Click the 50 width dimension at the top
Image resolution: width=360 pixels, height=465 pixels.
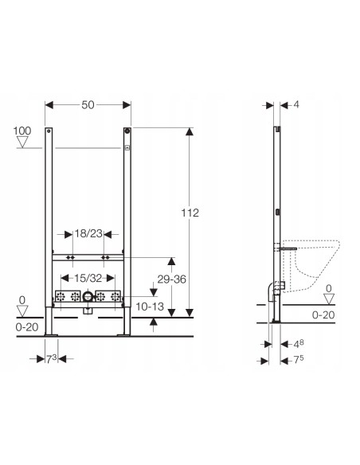click(x=88, y=105)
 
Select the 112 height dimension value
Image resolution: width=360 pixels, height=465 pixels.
click(x=190, y=213)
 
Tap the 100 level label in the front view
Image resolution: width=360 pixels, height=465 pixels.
click(x=22, y=129)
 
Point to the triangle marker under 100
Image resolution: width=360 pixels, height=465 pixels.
click(x=22, y=143)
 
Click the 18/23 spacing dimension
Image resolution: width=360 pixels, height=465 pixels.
click(x=88, y=234)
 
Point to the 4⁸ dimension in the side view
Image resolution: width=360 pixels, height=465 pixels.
click(x=296, y=344)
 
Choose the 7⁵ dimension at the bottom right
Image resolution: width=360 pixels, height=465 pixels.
click(x=296, y=359)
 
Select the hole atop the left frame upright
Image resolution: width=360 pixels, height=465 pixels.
click(x=49, y=131)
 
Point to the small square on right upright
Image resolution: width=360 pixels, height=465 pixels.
click(x=126, y=147)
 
